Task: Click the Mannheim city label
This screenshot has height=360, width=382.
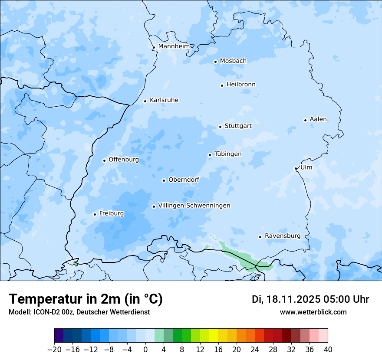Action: click(x=174, y=46)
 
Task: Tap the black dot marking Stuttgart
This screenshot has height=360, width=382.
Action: click(x=220, y=127)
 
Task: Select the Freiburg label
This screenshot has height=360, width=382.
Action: click(x=111, y=213)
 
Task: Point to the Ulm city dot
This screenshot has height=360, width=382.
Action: click(x=296, y=168)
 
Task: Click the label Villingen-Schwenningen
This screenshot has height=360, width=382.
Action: click(x=194, y=206)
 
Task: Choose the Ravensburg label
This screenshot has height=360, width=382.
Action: click(x=282, y=236)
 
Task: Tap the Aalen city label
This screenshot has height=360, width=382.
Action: click(x=318, y=119)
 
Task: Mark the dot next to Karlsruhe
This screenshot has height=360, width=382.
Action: click(x=145, y=101)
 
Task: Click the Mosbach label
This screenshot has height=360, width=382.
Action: click(x=233, y=61)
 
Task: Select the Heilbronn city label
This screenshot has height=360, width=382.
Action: click(x=241, y=85)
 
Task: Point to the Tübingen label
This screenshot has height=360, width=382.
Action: click(x=228, y=154)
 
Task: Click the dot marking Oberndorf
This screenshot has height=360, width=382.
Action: click(x=164, y=180)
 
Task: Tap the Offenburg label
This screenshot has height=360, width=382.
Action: click(x=124, y=160)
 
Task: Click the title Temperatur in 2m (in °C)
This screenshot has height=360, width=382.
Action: click(x=86, y=299)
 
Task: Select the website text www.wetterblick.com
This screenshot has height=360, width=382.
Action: click(x=313, y=312)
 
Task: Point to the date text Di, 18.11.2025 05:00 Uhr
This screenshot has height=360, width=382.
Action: click(x=310, y=299)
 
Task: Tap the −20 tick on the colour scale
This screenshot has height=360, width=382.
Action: click(x=54, y=350)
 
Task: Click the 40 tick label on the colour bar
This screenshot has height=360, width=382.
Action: click(x=328, y=350)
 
